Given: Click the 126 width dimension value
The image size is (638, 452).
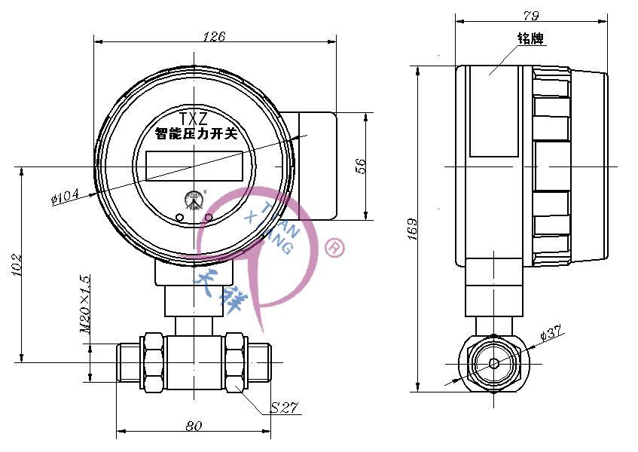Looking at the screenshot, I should coord(215,35).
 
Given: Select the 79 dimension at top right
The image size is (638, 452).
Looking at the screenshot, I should coord(531,15).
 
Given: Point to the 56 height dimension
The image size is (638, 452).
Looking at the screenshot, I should coord(360,166).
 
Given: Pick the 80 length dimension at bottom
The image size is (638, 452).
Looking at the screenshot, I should coord(194,426).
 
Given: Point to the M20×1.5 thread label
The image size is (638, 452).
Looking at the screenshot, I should coord(85,304).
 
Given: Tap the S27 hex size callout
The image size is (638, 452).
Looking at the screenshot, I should coord(285,408).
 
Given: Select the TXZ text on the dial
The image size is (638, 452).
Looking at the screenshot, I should coord(194,119).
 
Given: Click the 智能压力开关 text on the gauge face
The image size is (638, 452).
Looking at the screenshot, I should coord(196,135).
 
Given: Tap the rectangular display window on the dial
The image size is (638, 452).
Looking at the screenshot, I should coord(194,166).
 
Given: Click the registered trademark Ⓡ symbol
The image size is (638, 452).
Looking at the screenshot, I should coord(334,247).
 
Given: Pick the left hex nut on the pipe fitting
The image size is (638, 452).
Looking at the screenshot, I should coord(152,361).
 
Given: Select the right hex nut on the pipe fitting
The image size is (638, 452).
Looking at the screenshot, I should coord(235,361).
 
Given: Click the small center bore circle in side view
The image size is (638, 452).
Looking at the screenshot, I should coord(493,362).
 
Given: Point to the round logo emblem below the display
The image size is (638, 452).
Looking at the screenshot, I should coord(194,200).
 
